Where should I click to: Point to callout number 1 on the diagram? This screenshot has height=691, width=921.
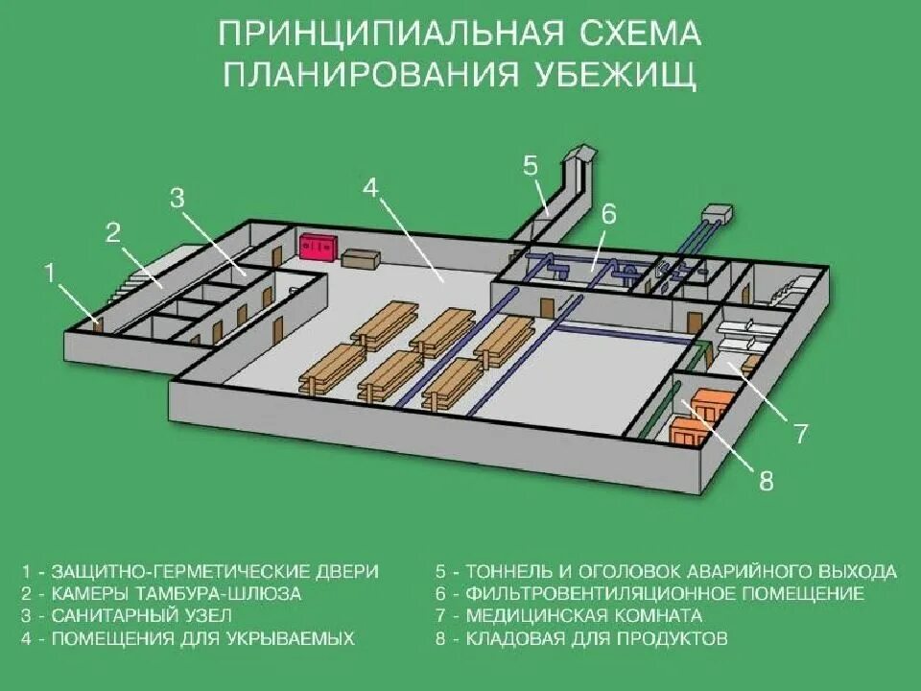[49, 274]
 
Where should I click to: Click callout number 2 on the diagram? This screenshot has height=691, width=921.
[113, 232]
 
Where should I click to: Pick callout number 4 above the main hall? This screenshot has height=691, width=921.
[370, 188]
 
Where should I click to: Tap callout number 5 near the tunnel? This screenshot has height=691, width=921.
[531, 165]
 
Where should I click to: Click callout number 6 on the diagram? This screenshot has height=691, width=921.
[608, 214]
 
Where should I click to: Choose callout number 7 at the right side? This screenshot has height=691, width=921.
[801, 434]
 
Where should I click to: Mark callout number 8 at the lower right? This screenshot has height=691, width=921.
[766, 481]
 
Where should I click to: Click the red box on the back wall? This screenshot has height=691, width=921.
[317, 247]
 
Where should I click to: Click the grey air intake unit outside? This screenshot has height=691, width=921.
[717, 212]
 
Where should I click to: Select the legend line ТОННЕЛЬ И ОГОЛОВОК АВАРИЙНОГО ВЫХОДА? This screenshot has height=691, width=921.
[666, 572]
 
